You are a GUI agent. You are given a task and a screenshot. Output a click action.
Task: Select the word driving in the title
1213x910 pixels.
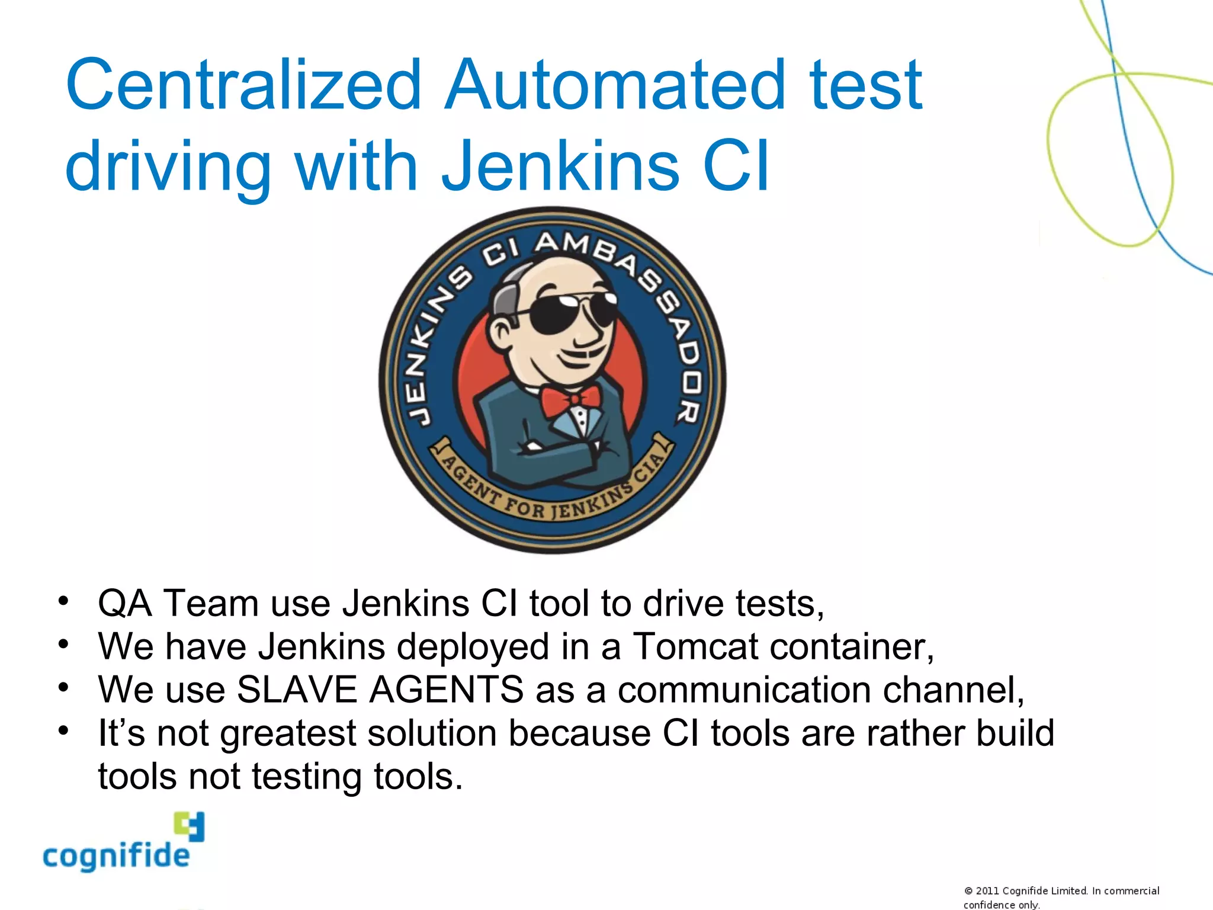pos(168,167)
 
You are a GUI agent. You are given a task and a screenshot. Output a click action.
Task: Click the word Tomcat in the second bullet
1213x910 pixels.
pos(695,646)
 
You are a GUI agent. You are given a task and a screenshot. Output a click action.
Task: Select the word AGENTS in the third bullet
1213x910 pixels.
pos(447,690)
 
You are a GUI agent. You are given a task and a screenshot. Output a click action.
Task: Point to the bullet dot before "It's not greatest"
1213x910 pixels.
pos(64,729)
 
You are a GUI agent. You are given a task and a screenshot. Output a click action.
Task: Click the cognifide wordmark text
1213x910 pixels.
pos(116,857)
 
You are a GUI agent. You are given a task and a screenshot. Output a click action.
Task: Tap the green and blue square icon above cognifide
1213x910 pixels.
pos(190,826)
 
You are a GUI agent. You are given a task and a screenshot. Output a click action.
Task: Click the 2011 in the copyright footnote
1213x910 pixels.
pos(987,891)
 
